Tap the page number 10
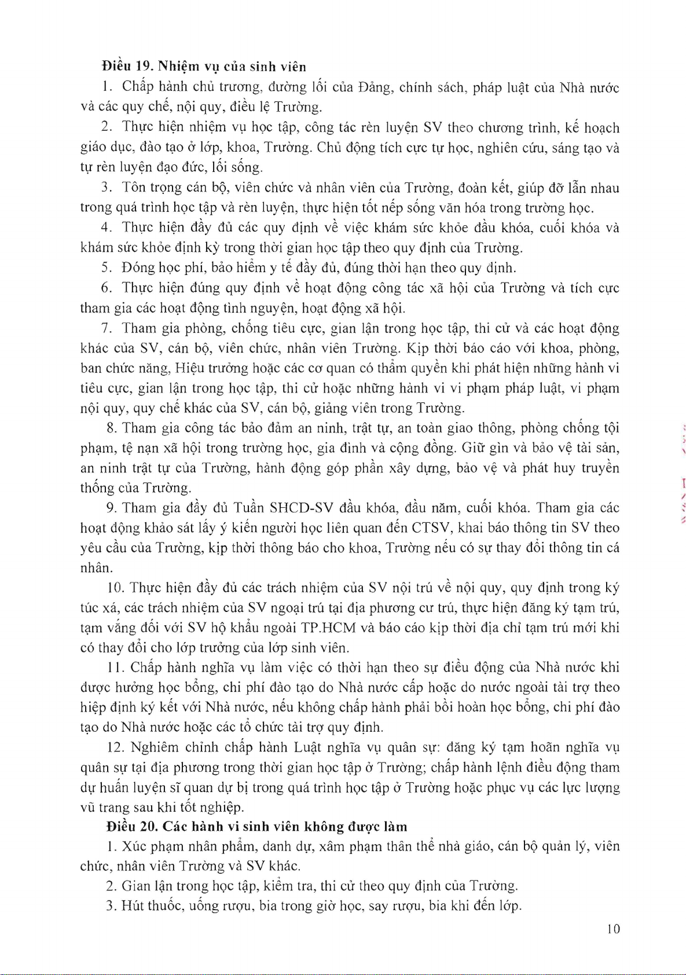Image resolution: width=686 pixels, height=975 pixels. point(614,929)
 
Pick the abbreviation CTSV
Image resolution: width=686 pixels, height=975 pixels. point(432,528)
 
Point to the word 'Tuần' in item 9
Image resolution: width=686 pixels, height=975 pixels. point(249,508)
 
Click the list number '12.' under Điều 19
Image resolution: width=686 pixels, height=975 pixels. point(115,747)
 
